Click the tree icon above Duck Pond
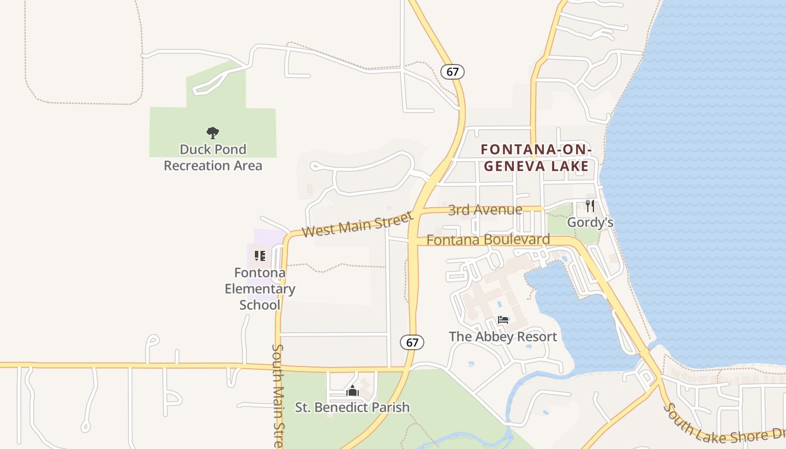pos(212,133)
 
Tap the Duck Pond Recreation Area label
pos(213,157)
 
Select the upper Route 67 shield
pos(453,72)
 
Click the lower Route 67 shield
pos(412,342)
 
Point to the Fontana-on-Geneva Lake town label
pos(536,158)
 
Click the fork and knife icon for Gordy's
pos(589,206)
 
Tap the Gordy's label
pos(589,222)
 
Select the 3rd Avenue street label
pos(485,210)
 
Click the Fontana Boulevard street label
pos(488,240)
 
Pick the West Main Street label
pos(357,223)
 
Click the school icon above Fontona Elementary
pos(259,256)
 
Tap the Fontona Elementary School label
pos(260,288)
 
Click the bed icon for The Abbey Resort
pos(503,320)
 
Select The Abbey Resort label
pos(502,336)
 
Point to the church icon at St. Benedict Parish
pos(352,391)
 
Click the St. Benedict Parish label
pos(352,407)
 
